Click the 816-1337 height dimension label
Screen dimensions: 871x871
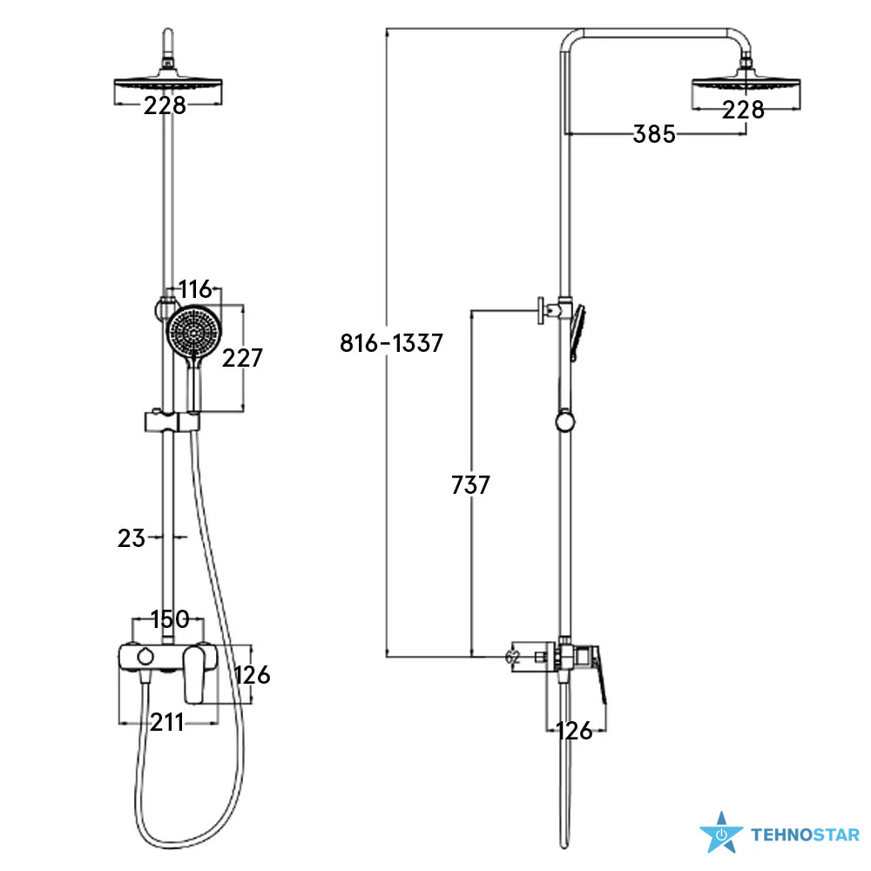[x=392, y=343]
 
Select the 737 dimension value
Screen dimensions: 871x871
[x=470, y=485]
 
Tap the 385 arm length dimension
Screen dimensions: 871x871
[x=654, y=134]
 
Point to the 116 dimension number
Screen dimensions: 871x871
[x=195, y=289]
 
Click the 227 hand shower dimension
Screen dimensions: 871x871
[x=242, y=358]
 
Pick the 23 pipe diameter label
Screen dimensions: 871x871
[x=132, y=538]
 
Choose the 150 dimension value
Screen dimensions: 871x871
[x=170, y=619]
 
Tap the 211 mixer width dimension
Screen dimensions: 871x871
[x=166, y=723]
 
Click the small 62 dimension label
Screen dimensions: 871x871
[x=512, y=657]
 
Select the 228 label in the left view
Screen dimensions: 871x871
[x=165, y=105]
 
